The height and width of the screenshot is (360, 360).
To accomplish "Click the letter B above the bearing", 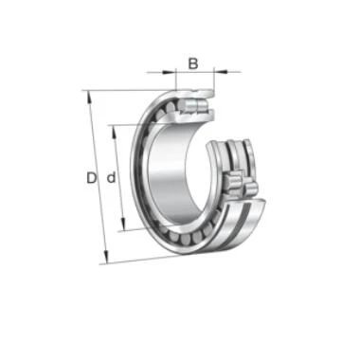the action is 193,63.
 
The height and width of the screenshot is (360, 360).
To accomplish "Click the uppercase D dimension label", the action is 91,178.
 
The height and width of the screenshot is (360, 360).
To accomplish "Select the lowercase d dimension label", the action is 111,178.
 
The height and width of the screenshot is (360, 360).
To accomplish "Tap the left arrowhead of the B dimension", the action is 169,72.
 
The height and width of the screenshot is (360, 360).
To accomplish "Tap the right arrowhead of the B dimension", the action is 221,72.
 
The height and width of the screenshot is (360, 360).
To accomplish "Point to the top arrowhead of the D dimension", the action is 90,98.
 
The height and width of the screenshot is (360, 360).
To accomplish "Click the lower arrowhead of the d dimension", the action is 123,224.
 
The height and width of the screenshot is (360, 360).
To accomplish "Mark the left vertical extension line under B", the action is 175,79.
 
